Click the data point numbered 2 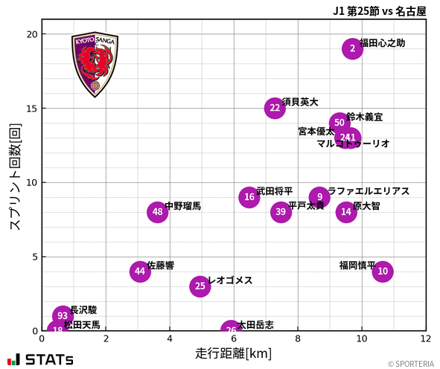coord(353,48)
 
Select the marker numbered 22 coord(275,108)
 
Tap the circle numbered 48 coord(157,212)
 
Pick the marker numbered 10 coord(383,272)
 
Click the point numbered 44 coord(140,272)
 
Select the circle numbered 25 coord(200,286)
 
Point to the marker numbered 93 coord(63,316)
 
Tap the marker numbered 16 coord(249,197)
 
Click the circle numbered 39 coord(281,212)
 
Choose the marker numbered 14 coord(346,212)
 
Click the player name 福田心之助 coord(383,43)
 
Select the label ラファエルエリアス coord(369,191)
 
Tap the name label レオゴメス coord(230,280)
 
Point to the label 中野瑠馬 coord(182,206)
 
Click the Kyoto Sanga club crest coord(95,65)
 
